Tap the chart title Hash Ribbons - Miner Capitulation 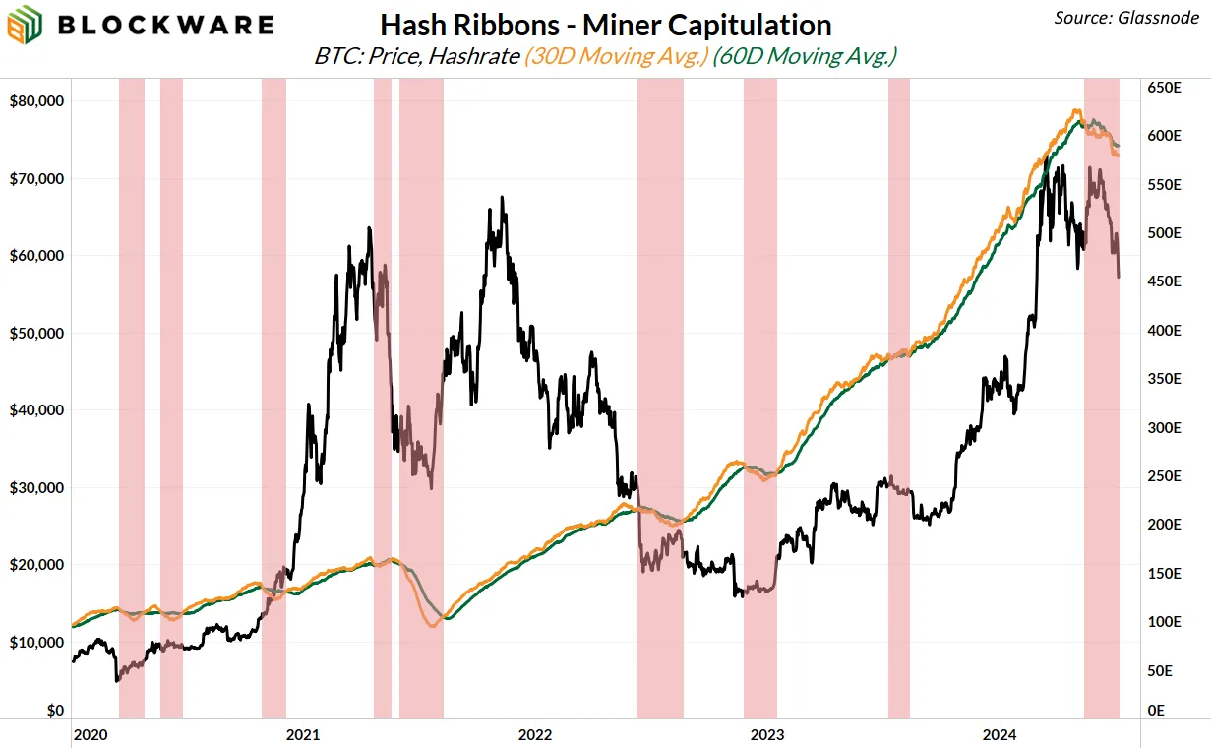(606, 25)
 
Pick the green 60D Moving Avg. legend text (807, 56)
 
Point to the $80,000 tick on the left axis (35, 100)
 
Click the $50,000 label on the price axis (35, 333)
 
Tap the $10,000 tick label (35, 642)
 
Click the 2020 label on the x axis (90, 734)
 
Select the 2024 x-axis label (1001, 734)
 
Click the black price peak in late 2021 (503, 198)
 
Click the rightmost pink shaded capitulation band (1102, 394)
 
